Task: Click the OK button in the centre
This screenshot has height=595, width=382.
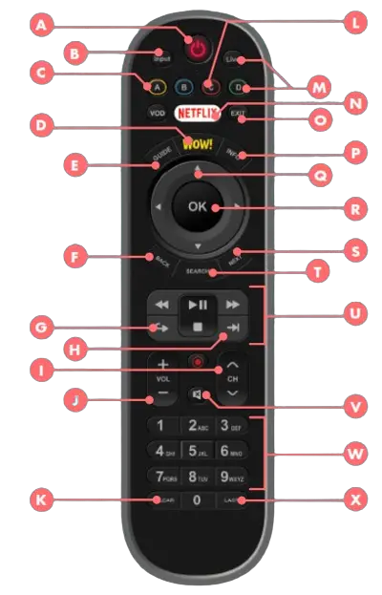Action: point(198,206)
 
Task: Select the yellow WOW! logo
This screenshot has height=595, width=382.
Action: point(198,144)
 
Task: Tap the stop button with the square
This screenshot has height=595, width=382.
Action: point(197,328)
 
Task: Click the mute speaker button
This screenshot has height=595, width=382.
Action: point(197,393)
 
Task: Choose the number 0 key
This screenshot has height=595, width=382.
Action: point(197,499)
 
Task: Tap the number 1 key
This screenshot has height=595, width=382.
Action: point(161,426)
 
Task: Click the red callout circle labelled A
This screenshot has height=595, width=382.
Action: point(41,26)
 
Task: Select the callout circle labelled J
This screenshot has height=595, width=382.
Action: point(74,398)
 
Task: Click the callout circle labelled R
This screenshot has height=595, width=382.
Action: point(356,205)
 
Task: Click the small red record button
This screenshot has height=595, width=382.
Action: point(197,362)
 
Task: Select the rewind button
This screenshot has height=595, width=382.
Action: point(162,305)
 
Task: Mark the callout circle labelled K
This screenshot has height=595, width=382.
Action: point(41,498)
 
